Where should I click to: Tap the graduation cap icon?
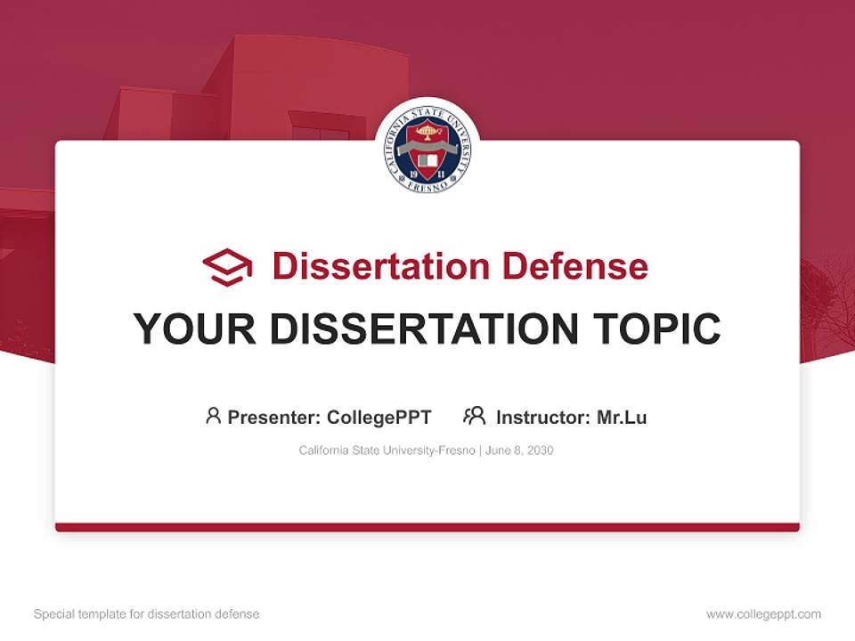[x=227, y=266]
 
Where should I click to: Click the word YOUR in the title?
[x=194, y=329]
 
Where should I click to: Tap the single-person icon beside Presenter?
[x=213, y=416]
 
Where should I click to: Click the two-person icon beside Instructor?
[x=474, y=416]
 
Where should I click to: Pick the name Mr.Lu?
[x=622, y=417]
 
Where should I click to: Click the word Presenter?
[x=274, y=417]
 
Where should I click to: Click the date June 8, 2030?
[x=519, y=450]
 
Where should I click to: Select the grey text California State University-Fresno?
[x=387, y=450]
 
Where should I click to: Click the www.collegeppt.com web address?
[x=763, y=614]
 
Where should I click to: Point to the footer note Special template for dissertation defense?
[x=146, y=614]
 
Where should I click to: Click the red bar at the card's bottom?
[x=427, y=527]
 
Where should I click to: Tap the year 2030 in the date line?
[x=540, y=450]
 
